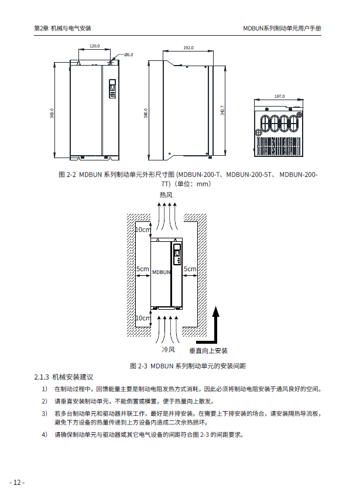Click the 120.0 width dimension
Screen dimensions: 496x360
point(94,46)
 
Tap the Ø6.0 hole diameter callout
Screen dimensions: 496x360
point(129,54)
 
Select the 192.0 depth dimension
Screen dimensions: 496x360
point(188,47)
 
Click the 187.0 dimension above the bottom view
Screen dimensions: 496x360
point(279,96)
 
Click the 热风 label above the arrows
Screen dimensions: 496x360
point(166,194)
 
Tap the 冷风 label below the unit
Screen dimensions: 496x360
point(168,350)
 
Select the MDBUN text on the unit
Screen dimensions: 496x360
point(161,272)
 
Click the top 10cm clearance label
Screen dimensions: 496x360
point(142,230)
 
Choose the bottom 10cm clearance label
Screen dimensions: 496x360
point(142,318)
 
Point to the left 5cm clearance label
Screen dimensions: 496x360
point(142,269)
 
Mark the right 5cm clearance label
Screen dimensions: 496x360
point(190,269)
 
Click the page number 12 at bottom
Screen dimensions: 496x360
point(17,482)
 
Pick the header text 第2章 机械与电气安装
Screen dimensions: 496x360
point(63,28)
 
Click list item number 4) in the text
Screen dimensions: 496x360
point(44,435)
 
